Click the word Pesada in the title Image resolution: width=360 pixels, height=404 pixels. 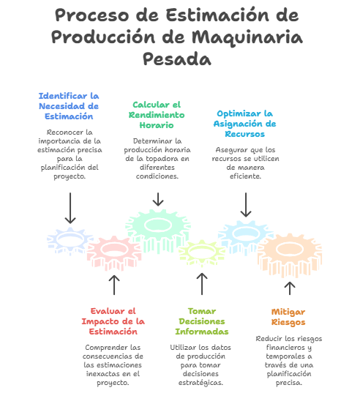177,59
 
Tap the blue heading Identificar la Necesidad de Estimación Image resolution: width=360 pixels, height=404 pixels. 69,106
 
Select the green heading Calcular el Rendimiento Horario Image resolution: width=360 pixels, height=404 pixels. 157,115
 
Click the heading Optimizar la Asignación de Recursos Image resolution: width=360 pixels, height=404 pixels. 244,124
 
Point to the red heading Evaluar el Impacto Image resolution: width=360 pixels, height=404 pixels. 113,321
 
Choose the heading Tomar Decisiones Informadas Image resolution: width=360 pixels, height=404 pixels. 202,321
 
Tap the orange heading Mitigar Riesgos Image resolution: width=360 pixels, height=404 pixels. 288,317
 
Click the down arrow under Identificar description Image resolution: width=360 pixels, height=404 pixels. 70,208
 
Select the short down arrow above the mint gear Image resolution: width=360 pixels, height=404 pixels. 158,199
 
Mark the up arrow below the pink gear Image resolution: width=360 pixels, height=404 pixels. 114,285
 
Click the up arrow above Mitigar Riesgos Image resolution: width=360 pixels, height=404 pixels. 290,288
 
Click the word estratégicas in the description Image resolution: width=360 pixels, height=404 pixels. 200,383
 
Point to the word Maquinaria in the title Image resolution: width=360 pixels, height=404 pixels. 247,37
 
